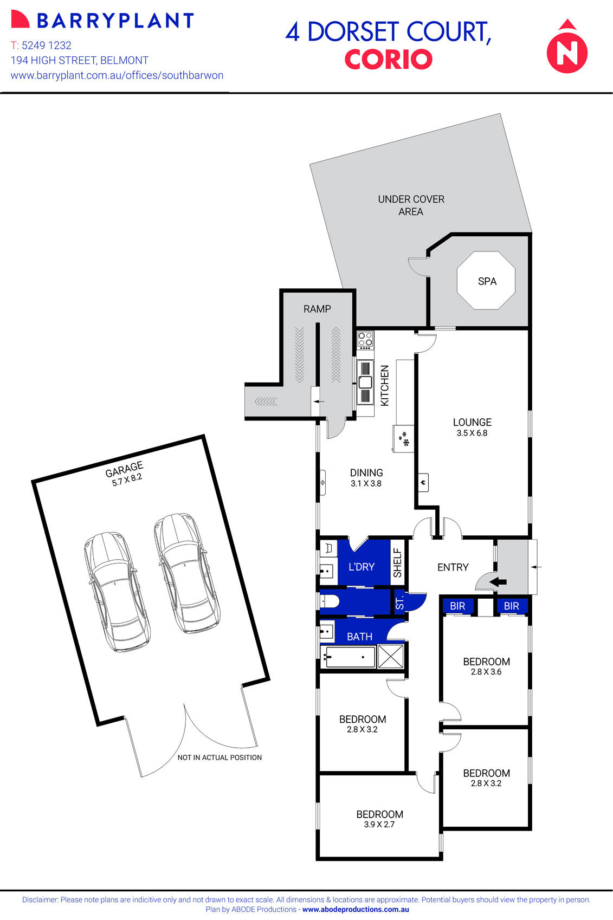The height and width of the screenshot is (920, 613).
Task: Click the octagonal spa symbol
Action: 486,281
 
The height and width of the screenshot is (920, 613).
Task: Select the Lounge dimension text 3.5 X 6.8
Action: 472,433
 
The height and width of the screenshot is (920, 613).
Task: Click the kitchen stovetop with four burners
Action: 365,339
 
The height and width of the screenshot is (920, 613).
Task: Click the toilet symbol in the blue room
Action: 329,601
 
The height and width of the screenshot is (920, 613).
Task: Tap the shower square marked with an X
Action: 391,657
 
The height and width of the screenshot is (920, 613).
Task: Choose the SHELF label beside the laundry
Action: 397,563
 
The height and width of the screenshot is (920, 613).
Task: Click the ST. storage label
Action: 400,603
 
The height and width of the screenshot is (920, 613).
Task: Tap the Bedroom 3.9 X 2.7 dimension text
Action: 379,825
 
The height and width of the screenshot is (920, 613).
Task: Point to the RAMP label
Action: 317,309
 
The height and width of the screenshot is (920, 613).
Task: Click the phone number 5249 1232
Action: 47,46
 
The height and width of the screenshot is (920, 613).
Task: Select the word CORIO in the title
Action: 388,60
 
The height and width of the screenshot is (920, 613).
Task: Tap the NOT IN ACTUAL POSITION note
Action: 220,757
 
